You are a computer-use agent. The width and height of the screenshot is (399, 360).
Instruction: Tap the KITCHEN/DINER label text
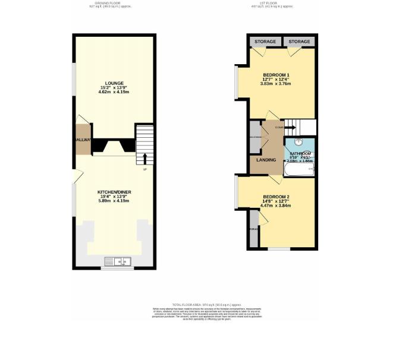[x=114, y=192]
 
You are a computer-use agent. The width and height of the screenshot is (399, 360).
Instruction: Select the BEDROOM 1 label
[x=275, y=75]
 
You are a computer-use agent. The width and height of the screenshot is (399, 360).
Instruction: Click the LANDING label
[x=265, y=159]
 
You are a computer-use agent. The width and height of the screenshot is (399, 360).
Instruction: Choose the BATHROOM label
[x=300, y=153]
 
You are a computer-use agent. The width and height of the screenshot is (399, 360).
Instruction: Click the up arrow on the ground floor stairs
[x=144, y=159]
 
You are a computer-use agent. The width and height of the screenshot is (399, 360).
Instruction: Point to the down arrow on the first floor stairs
[x=290, y=127]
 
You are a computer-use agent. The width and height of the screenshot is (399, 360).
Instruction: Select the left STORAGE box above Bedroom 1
[x=265, y=42]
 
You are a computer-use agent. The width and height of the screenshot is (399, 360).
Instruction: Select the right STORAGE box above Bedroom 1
[x=299, y=42]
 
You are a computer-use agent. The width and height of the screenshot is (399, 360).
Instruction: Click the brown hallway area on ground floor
[x=83, y=140]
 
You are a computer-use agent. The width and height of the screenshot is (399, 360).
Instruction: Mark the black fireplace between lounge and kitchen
[x=114, y=147]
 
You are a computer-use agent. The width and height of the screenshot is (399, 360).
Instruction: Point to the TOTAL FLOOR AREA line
[x=199, y=304]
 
